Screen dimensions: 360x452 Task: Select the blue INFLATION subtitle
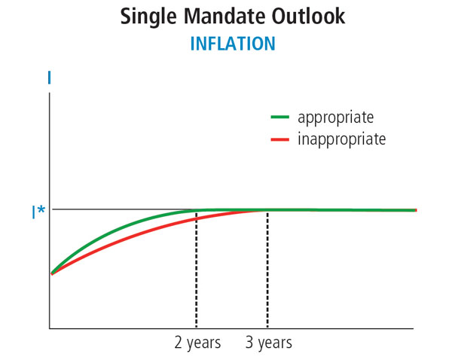click(x=232, y=44)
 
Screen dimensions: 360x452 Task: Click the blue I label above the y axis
click(x=49, y=78)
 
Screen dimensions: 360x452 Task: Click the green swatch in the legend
click(x=280, y=117)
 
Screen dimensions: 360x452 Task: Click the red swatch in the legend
click(x=280, y=139)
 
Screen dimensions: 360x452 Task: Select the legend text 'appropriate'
click(x=335, y=118)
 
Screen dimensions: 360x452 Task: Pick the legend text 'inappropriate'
click(x=341, y=139)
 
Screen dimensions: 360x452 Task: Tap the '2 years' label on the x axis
click(x=197, y=343)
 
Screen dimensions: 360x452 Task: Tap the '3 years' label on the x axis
click(x=268, y=343)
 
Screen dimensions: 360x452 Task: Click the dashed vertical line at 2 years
click(x=197, y=271)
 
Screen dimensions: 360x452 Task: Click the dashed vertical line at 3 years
click(x=267, y=271)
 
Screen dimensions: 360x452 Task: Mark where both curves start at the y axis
click(x=50, y=273)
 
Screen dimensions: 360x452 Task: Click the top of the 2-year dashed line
click(x=197, y=212)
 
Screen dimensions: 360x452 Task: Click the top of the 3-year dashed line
click(x=267, y=211)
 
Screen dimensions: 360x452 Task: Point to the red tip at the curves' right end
click(x=415, y=210)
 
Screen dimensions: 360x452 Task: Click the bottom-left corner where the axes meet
click(x=50, y=328)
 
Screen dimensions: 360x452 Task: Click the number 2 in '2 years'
click(x=179, y=343)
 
